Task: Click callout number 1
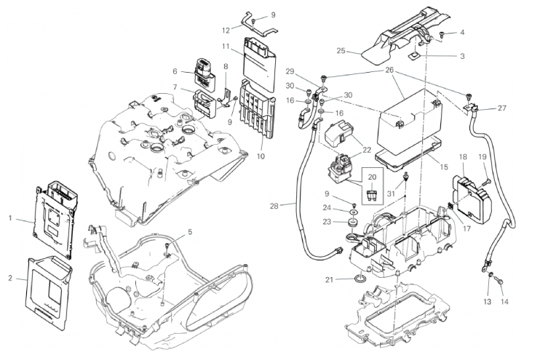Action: (11, 217)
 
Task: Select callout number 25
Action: (341, 51)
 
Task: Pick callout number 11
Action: (226, 47)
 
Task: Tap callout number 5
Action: (190, 232)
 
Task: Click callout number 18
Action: (463, 157)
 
